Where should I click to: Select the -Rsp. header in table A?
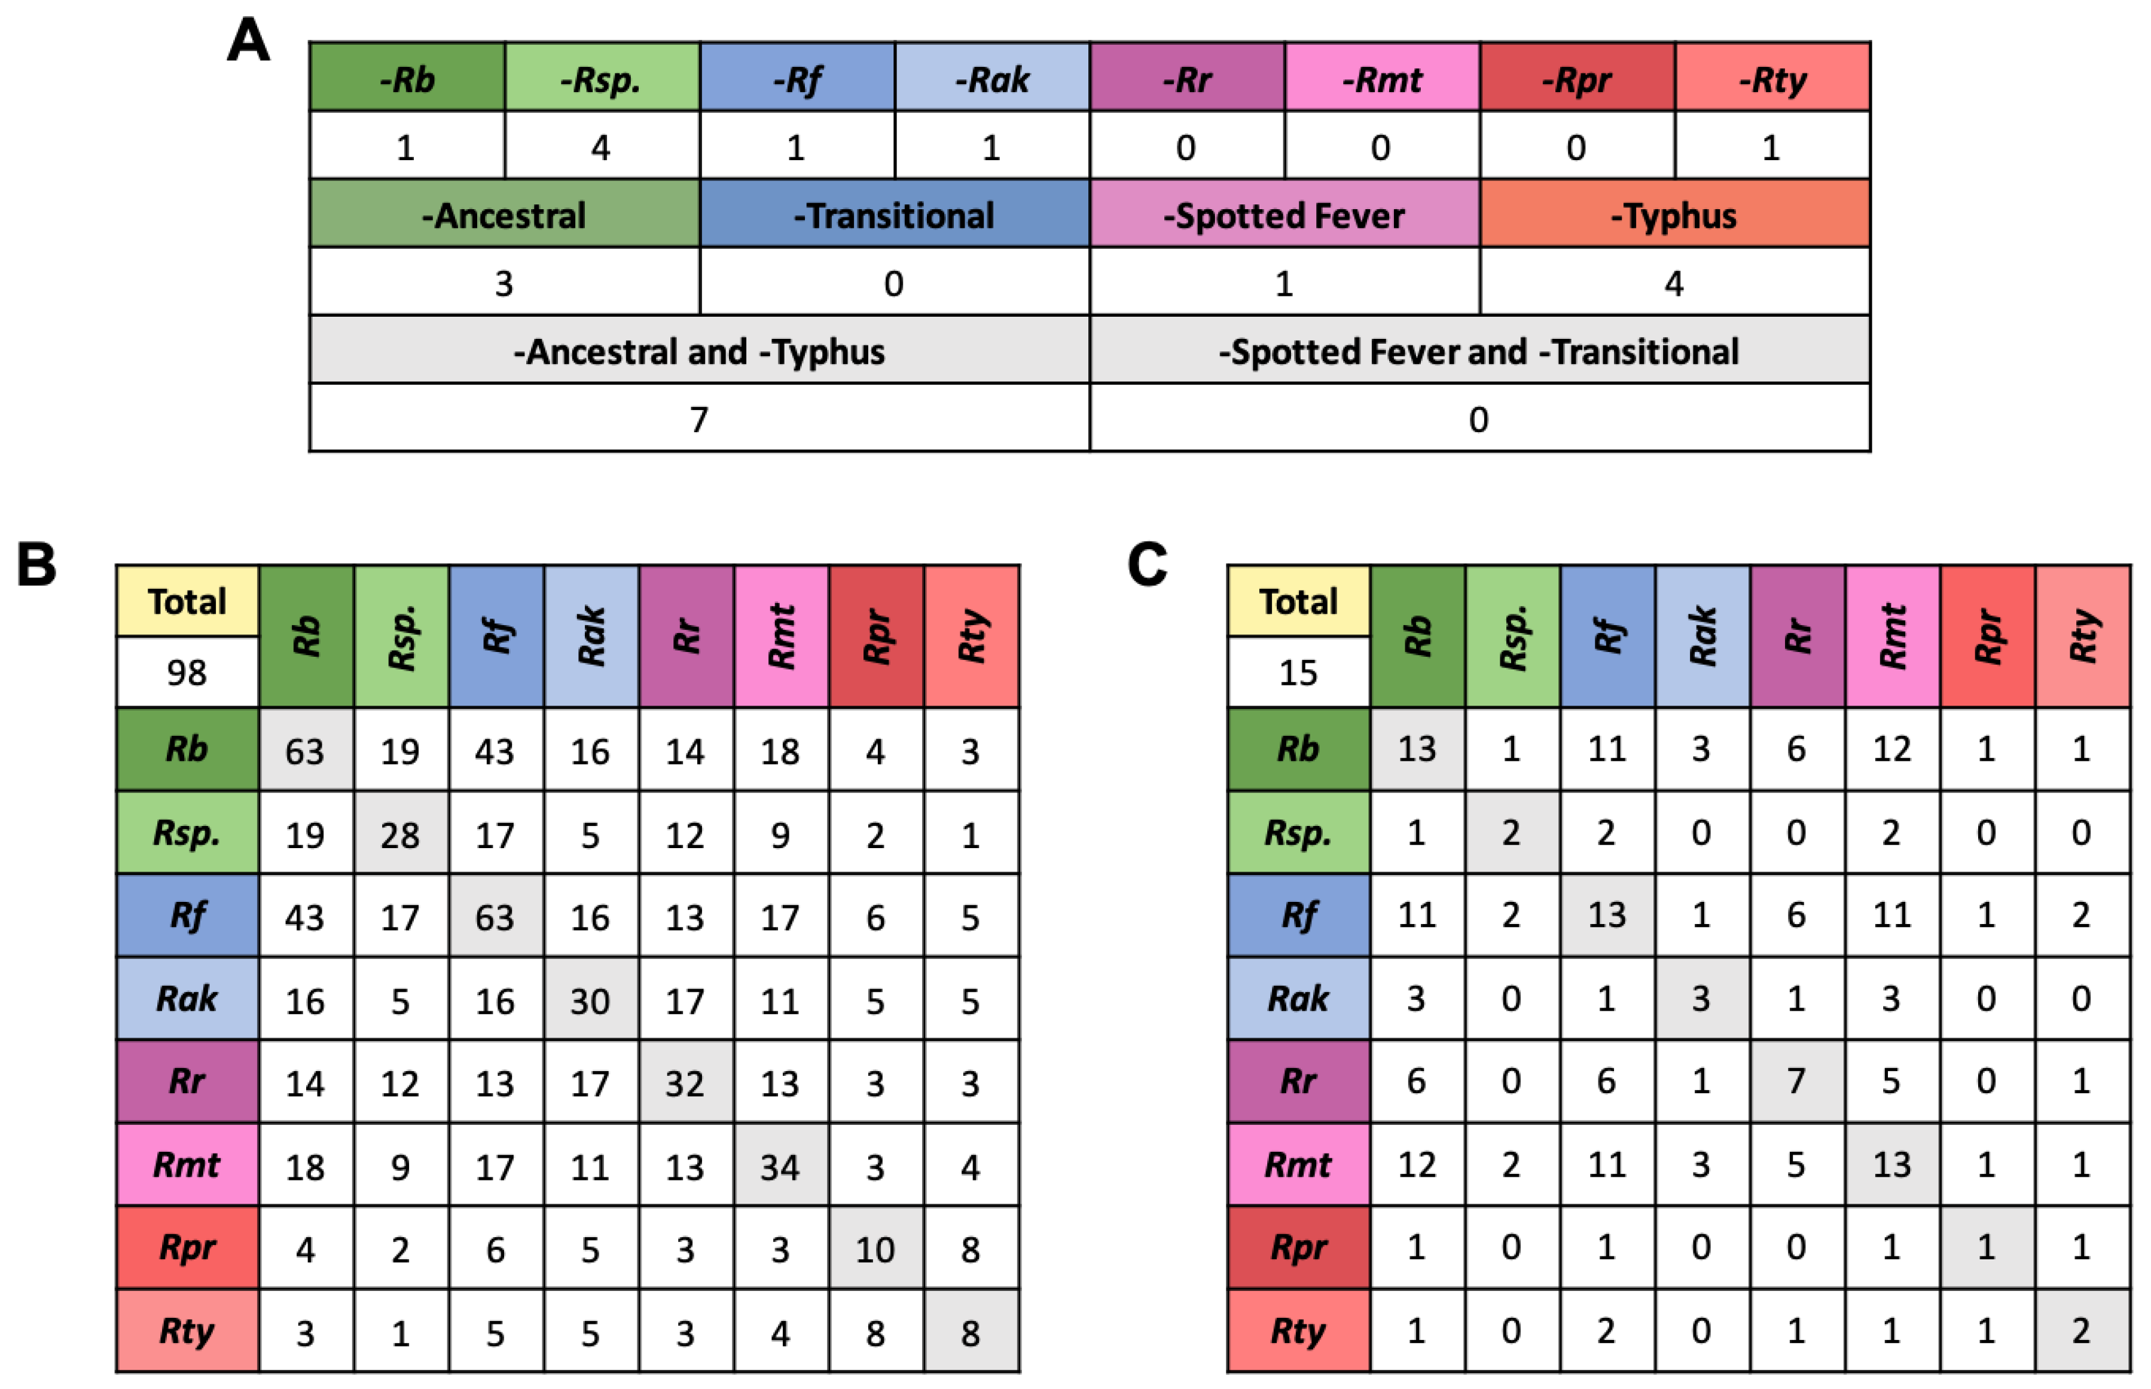point(601,79)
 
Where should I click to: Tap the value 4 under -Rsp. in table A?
point(601,147)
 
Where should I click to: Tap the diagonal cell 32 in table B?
point(684,1083)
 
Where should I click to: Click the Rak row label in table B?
point(187,999)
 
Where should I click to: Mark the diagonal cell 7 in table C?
point(1796,1081)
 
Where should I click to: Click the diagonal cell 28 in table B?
point(399,835)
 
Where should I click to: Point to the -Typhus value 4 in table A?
point(1674,284)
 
